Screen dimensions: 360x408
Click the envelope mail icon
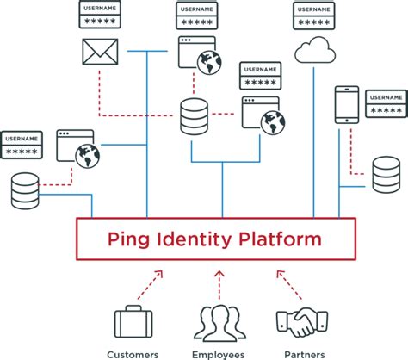tap(97, 52)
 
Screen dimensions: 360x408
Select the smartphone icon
tap(346, 102)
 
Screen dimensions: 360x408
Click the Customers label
tap(133, 353)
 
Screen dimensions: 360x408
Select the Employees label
tap(218, 353)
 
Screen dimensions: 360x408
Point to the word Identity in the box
tap(191, 239)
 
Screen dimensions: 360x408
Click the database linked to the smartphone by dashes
tap(385, 174)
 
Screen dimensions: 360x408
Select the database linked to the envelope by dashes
tap(194, 115)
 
